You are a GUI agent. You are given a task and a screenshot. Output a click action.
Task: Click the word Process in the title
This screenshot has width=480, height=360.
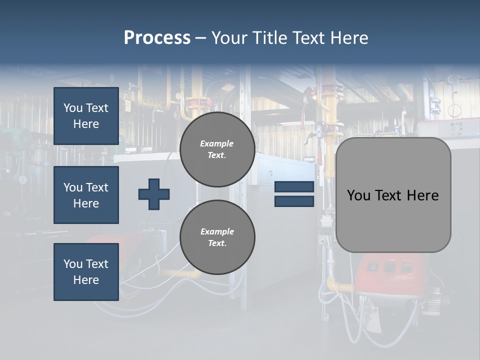pyautogui.click(x=157, y=38)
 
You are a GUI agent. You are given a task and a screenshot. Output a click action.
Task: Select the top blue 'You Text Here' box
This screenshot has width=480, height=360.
pyautogui.click(x=86, y=116)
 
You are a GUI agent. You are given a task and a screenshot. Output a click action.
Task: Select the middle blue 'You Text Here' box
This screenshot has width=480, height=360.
pyautogui.click(x=86, y=195)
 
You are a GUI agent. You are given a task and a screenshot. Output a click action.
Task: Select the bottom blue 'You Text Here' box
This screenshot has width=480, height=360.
pyautogui.click(x=86, y=272)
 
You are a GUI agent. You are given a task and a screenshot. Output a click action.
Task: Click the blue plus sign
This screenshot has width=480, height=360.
pyautogui.click(x=154, y=194)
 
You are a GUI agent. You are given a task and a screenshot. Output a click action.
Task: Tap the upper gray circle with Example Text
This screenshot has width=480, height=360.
pyautogui.click(x=217, y=149)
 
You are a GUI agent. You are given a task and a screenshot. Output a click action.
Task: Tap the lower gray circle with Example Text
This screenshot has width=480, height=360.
pyautogui.click(x=217, y=237)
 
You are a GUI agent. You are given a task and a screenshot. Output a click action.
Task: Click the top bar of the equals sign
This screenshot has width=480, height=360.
pyautogui.click(x=294, y=186)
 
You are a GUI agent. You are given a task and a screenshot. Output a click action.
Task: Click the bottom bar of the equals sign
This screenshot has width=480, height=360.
pyautogui.click(x=294, y=201)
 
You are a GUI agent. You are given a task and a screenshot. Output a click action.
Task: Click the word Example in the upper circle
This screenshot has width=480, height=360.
pyautogui.click(x=216, y=143)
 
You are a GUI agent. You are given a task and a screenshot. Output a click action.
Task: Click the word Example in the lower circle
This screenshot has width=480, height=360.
pyautogui.click(x=217, y=231)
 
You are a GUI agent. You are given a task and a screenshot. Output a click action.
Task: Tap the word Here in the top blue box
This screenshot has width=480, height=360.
pyautogui.click(x=86, y=124)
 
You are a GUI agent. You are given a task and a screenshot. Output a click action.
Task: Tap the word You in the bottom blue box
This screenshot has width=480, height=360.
pyautogui.click(x=72, y=264)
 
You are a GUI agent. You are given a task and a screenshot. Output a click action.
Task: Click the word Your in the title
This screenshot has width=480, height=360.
pyautogui.click(x=231, y=38)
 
